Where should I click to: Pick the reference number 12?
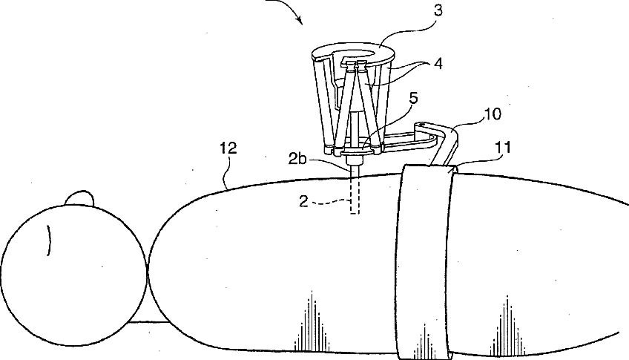228,149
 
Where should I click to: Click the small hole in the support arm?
423,126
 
